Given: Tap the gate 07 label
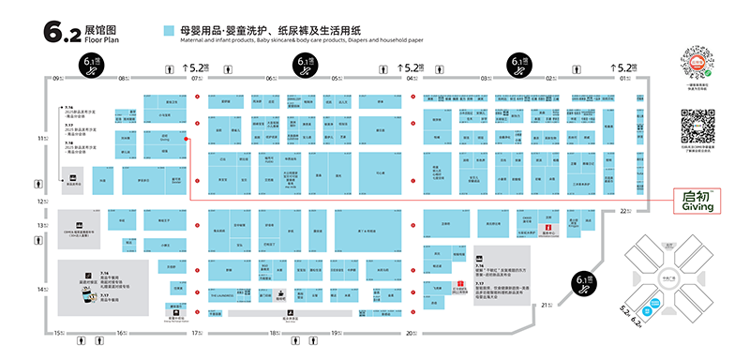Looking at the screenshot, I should [x=196, y=79].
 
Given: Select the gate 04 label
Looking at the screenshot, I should [x=411, y=79].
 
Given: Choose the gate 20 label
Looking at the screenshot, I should [x=409, y=333].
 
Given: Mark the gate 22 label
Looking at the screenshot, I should [x=626, y=212].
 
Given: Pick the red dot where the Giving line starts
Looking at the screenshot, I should [x=187, y=141].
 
